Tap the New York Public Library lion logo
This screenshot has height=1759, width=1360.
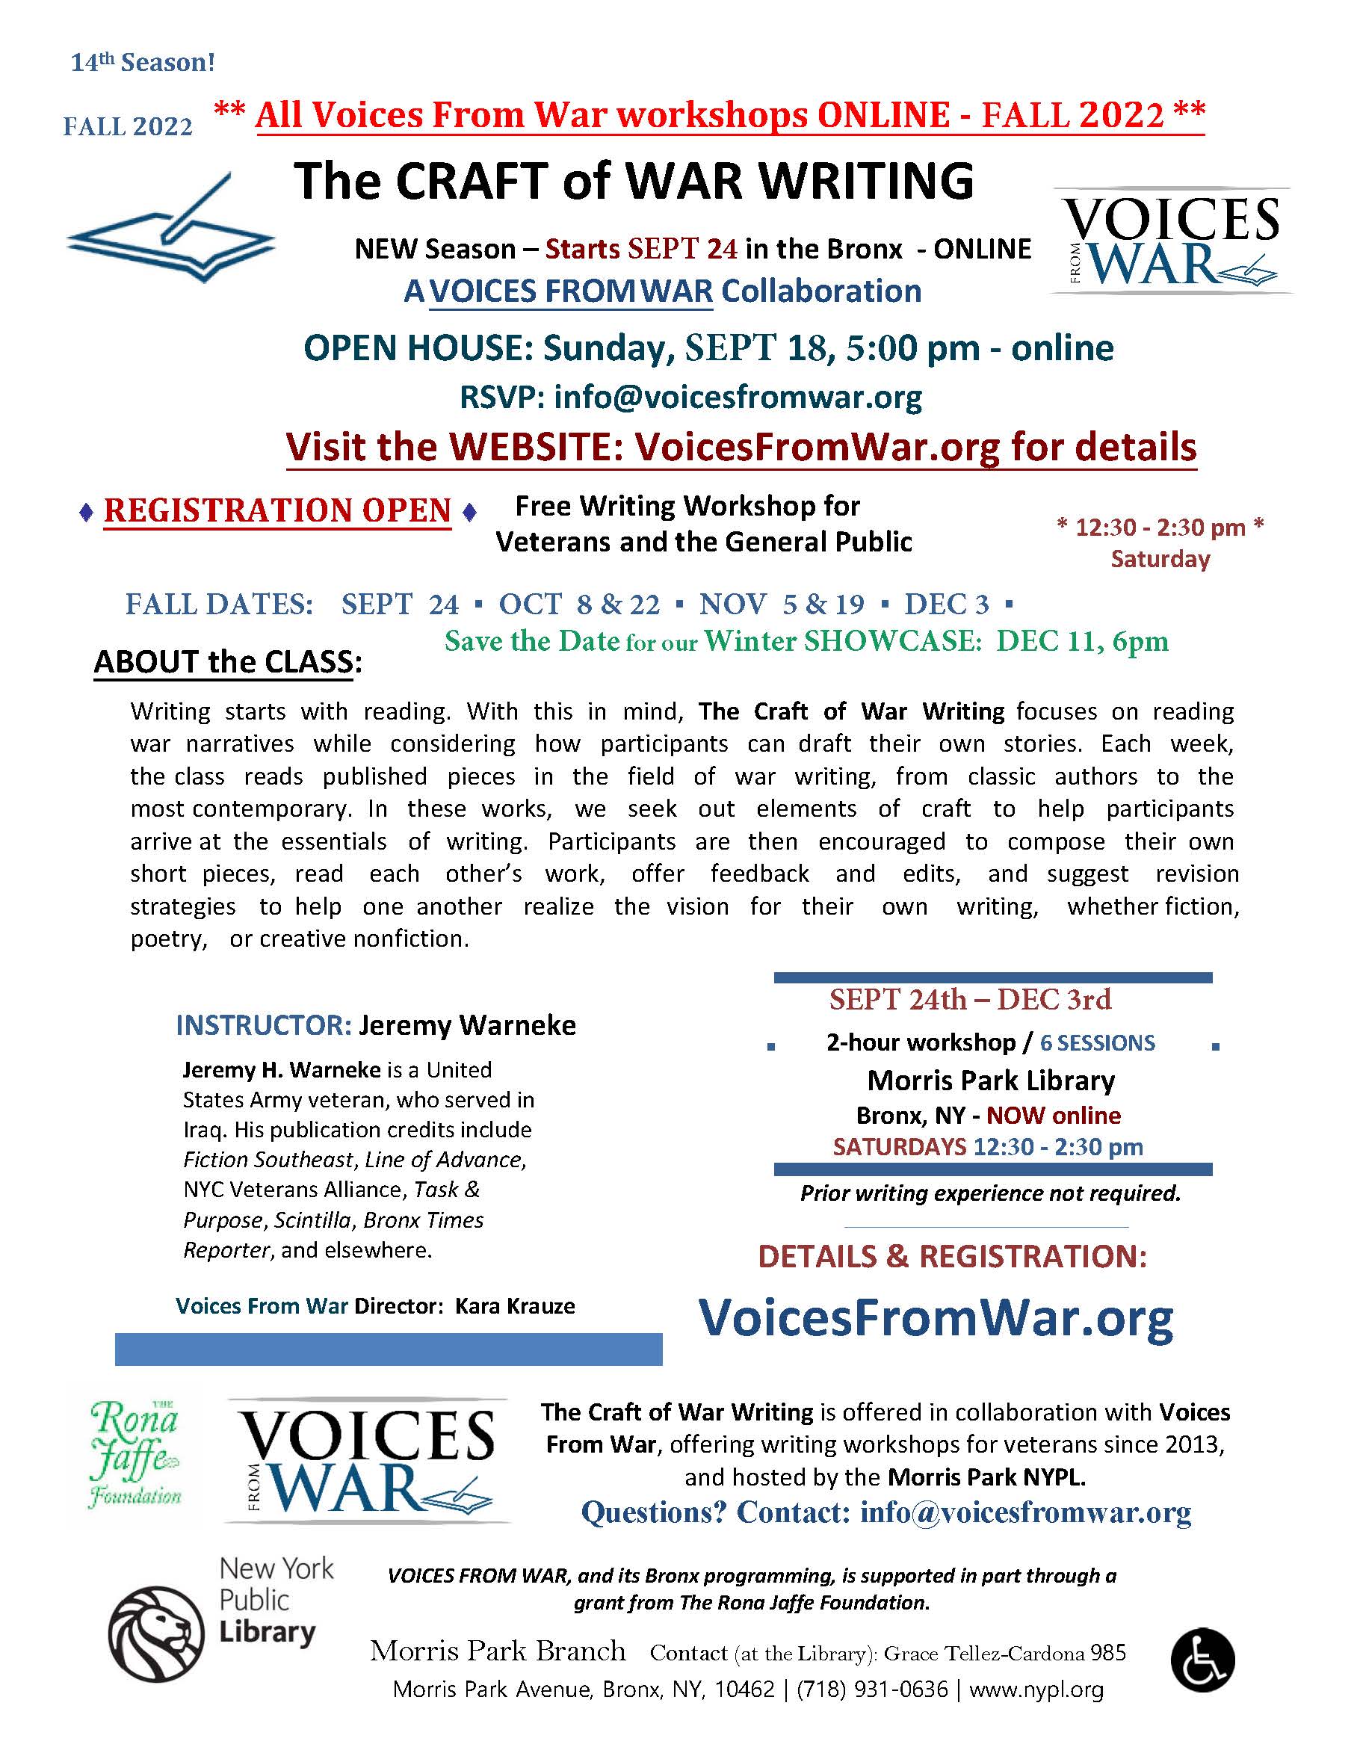[156, 1638]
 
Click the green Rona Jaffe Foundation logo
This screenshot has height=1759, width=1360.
[135, 1459]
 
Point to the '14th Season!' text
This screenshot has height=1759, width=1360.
[143, 62]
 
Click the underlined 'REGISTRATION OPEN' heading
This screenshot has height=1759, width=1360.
[277, 510]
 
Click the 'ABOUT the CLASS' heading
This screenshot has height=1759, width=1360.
[228, 661]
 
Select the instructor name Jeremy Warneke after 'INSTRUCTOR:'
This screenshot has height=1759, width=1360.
[467, 1025]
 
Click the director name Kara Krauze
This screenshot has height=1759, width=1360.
[516, 1305]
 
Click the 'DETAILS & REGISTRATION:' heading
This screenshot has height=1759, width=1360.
[953, 1256]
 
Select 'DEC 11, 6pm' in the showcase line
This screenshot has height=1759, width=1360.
[1081, 641]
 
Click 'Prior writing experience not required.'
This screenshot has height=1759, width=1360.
[989, 1193]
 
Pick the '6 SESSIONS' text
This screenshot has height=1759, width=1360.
[1098, 1043]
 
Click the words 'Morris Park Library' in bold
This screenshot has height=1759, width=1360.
[990, 1080]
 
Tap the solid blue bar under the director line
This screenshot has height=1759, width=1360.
[388, 1349]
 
